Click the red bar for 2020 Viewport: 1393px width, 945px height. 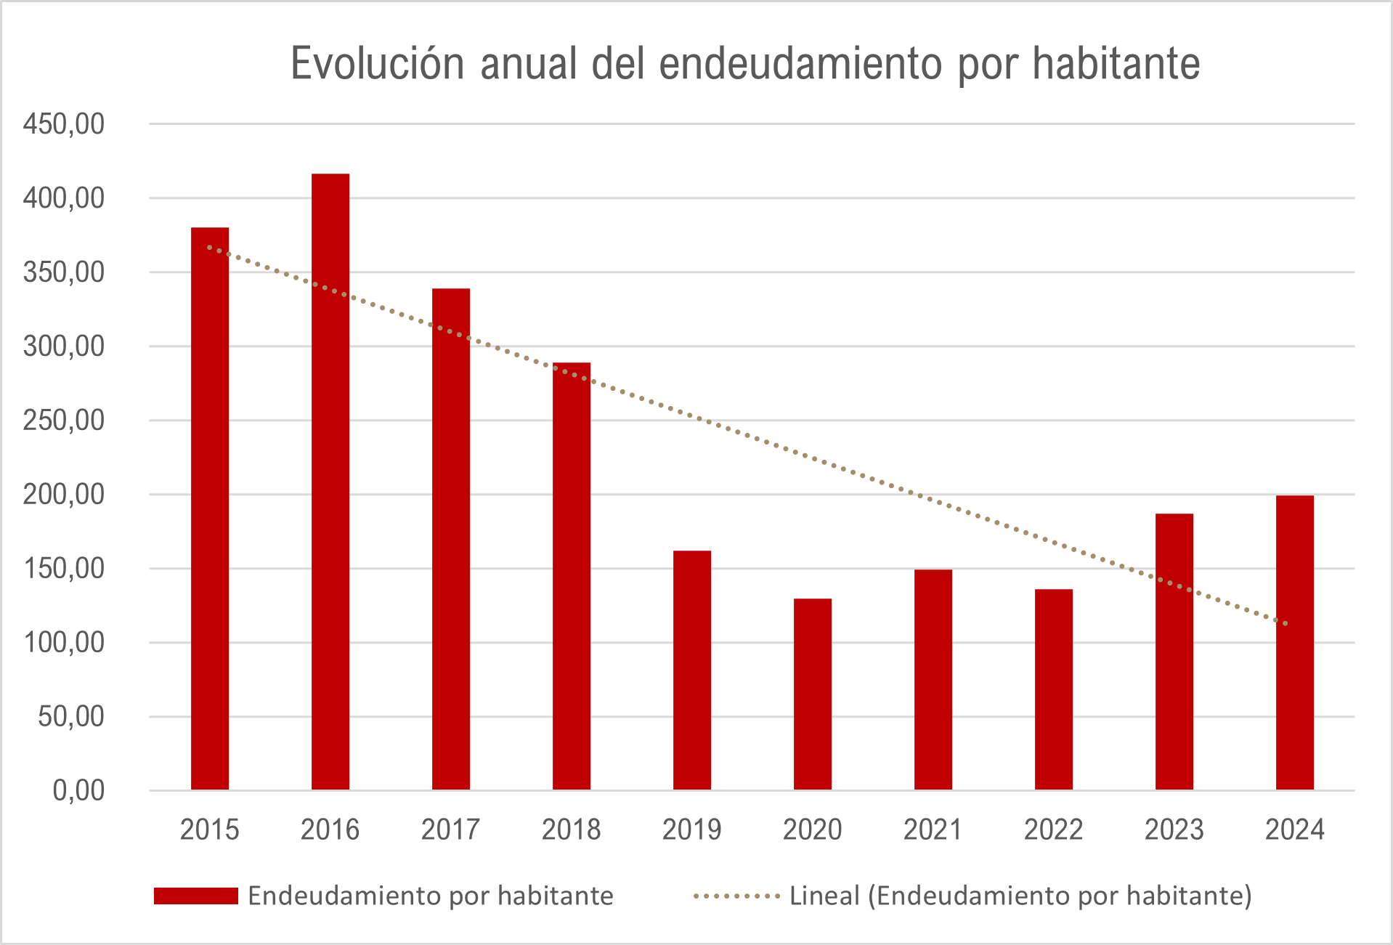pyautogui.click(x=813, y=694)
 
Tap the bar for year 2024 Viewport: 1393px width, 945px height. pyautogui.click(x=1295, y=642)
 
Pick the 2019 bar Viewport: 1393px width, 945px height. pyautogui.click(x=692, y=670)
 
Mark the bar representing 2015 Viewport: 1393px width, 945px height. pyautogui.click(x=210, y=508)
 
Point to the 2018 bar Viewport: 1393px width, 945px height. pyautogui.click(x=572, y=575)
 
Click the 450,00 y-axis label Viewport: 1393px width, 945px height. pyautogui.click(x=64, y=124)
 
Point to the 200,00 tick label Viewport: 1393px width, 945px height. pyautogui.click(x=64, y=495)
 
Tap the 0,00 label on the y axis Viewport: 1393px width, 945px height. pyautogui.click(x=78, y=790)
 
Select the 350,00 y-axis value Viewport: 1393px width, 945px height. pyautogui.click(x=64, y=272)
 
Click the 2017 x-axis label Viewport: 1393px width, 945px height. pyautogui.click(x=450, y=830)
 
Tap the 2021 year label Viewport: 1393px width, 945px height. pyautogui.click(x=933, y=830)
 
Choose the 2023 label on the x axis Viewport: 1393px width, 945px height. pyautogui.click(x=1174, y=830)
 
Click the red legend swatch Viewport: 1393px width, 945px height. pyautogui.click(x=196, y=896)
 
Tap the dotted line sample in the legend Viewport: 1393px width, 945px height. pyautogui.click(x=736, y=896)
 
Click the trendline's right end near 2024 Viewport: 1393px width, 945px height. pyautogui.click(x=1285, y=622)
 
